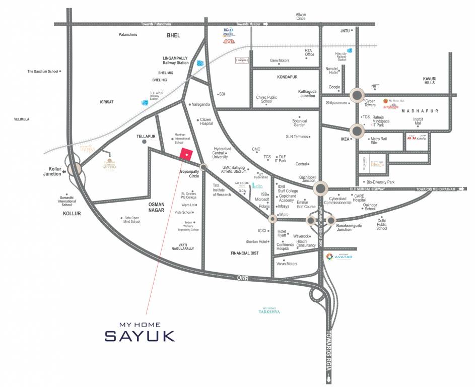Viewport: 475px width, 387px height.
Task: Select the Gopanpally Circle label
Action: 183,174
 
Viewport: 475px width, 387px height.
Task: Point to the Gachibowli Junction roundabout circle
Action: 321,189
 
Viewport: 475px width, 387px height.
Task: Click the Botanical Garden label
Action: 299,123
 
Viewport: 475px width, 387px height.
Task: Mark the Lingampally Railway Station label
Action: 175,60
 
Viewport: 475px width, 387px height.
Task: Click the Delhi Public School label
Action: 381,224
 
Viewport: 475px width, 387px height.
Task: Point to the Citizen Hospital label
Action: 206,121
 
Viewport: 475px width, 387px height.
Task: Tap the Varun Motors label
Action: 287,264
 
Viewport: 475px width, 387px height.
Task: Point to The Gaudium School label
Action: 43,72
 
